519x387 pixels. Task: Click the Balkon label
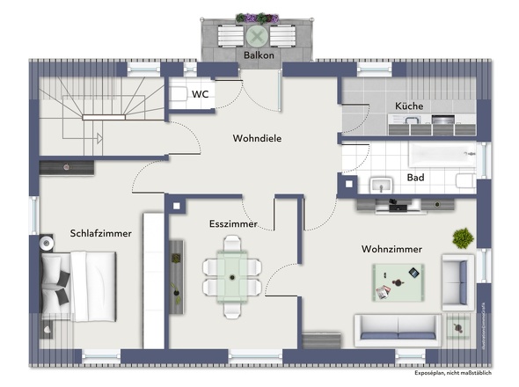tap(259, 55)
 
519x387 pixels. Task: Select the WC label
tap(199, 93)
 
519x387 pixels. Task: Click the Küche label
tap(409, 106)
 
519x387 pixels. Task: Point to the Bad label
tap(415, 178)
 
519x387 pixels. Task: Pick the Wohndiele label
tap(257, 138)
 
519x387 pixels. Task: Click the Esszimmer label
tap(233, 224)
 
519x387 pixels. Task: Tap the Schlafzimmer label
tap(100, 234)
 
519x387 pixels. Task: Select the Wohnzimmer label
tap(391, 250)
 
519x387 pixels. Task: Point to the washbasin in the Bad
tap(381, 184)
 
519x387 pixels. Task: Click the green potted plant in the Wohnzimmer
tap(462, 237)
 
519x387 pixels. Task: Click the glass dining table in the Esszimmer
tap(233, 274)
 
